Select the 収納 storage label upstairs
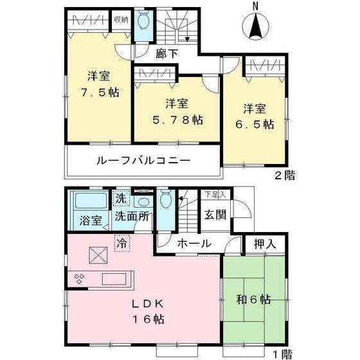(x=121, y=19)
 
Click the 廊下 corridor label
(x=167, y=54)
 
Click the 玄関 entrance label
(x=215, y=215)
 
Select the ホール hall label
(x=192, y=244)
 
